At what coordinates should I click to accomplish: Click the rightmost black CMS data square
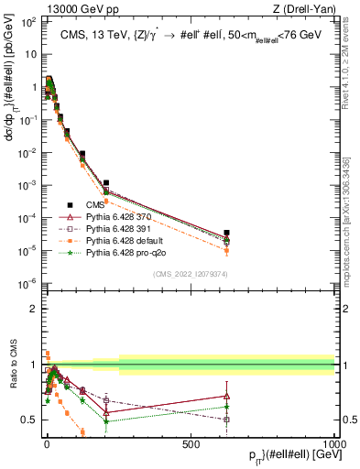coord(226,233)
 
